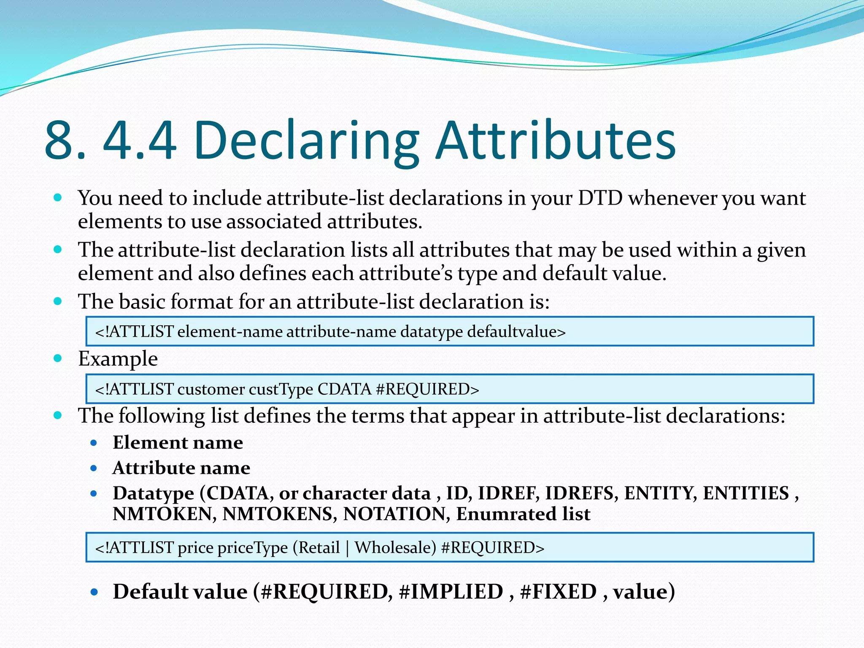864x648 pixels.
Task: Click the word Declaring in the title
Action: (307, 141)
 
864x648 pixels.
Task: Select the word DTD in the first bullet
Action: (600, 198)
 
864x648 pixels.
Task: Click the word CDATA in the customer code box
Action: (344, 389)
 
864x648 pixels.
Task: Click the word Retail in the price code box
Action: (319, 548)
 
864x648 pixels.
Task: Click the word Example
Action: (118, 359)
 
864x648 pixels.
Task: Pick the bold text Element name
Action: (178, 443)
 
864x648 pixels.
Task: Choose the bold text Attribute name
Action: (181, 468)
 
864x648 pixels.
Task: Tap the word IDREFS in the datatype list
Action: (579, 493)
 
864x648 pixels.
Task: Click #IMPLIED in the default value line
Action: (451, 591)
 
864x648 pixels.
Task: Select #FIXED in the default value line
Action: (558, 591)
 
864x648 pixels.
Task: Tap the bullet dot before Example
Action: (58, 359)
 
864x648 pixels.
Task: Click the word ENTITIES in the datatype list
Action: (745, 493)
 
